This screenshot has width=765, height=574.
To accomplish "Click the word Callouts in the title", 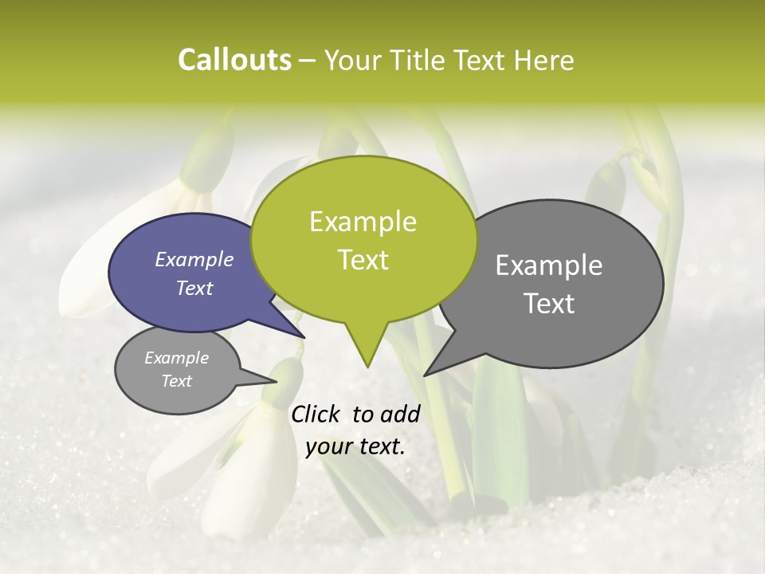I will coord(234,60).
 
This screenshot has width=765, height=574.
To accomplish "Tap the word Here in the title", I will coord(543,60).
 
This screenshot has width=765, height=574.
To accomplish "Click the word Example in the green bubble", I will coord(363,222).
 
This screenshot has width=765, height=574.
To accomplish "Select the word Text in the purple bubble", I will coord(194,288).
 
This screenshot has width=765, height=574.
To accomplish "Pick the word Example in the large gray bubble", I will coord(549,265).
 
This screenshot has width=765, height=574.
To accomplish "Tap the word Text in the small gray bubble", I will coord(177,381).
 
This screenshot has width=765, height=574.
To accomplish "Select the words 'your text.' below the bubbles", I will coord(355,446).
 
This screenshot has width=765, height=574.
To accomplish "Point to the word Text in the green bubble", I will coord(363,260).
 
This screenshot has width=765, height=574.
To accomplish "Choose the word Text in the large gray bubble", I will coord(550,304).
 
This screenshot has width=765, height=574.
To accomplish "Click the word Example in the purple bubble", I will coord(194,259).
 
